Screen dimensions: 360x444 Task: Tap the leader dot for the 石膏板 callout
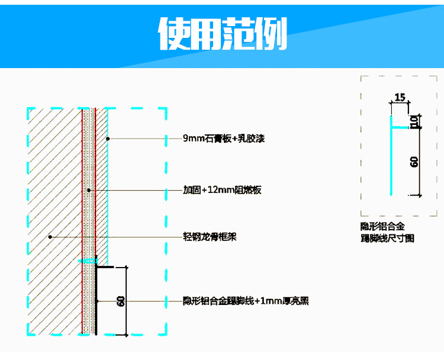click(108, 139)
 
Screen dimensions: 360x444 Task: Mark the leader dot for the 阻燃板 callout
click(88, 190)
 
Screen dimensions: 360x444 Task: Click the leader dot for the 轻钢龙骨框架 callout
click(50, 237)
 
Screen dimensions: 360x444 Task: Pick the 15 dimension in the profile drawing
click(400, 97)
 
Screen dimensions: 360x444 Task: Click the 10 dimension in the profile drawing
click(414, 123)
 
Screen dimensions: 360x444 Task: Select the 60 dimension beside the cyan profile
click(414, 161)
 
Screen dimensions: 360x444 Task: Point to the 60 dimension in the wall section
click(121, 301)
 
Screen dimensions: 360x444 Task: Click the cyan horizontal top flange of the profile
click(398, 117)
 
